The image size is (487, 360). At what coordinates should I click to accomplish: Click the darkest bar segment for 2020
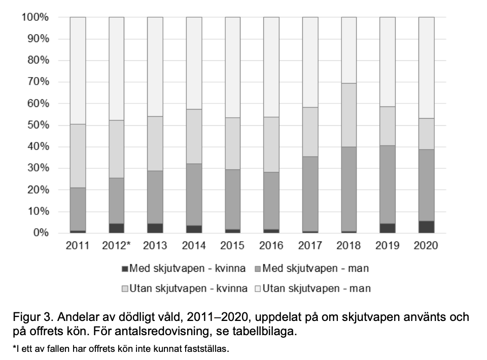427,227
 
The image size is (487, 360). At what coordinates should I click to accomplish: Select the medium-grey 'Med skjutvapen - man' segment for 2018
349,189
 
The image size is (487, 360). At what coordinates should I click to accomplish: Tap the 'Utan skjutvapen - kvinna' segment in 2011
78,156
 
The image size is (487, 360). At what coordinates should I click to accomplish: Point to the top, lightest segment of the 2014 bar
194,63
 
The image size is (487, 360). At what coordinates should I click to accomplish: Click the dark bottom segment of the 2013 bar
155,228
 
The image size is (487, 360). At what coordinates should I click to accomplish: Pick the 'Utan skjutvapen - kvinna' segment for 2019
388,126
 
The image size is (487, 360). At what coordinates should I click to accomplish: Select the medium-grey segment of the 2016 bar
271,201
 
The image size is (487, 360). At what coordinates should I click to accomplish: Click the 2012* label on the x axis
116,245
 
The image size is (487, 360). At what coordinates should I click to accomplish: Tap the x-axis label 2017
310,245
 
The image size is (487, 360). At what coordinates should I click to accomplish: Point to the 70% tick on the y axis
39,82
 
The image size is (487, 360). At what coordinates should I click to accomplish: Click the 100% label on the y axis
35,17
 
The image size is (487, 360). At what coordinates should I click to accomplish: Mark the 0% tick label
41,232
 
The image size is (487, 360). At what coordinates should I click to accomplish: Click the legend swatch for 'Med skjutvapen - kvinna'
125,269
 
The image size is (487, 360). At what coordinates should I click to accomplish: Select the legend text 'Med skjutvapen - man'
316,268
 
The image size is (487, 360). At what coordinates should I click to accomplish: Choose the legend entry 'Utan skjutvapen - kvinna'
185,289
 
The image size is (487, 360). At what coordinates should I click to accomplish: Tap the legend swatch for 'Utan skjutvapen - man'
258,289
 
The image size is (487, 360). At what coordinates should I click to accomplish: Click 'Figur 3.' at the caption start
33,317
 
